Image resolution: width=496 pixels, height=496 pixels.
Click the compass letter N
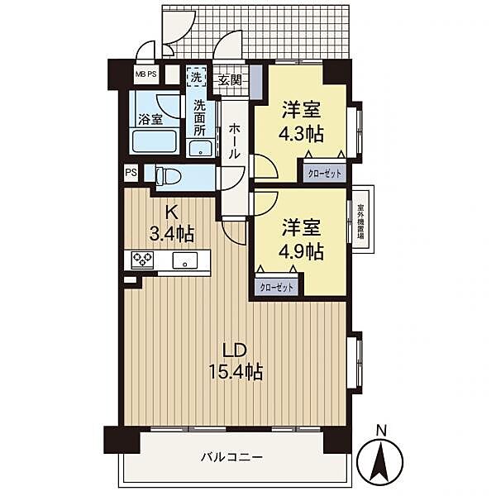[381, 431]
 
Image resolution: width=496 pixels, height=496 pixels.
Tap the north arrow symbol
[381, 461]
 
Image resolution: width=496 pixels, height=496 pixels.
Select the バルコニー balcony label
[232, 456]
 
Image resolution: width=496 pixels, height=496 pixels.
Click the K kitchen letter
[171, 211]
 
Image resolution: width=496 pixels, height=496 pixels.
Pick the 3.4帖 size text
[171, 232]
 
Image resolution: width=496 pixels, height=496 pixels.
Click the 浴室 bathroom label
[150, 119]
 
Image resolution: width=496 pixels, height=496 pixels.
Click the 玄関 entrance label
[230, 79]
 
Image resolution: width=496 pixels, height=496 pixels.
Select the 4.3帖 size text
[302, 131]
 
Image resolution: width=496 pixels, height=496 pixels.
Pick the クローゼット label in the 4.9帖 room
[275, 286]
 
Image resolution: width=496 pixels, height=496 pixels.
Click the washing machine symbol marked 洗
[196, 76]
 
